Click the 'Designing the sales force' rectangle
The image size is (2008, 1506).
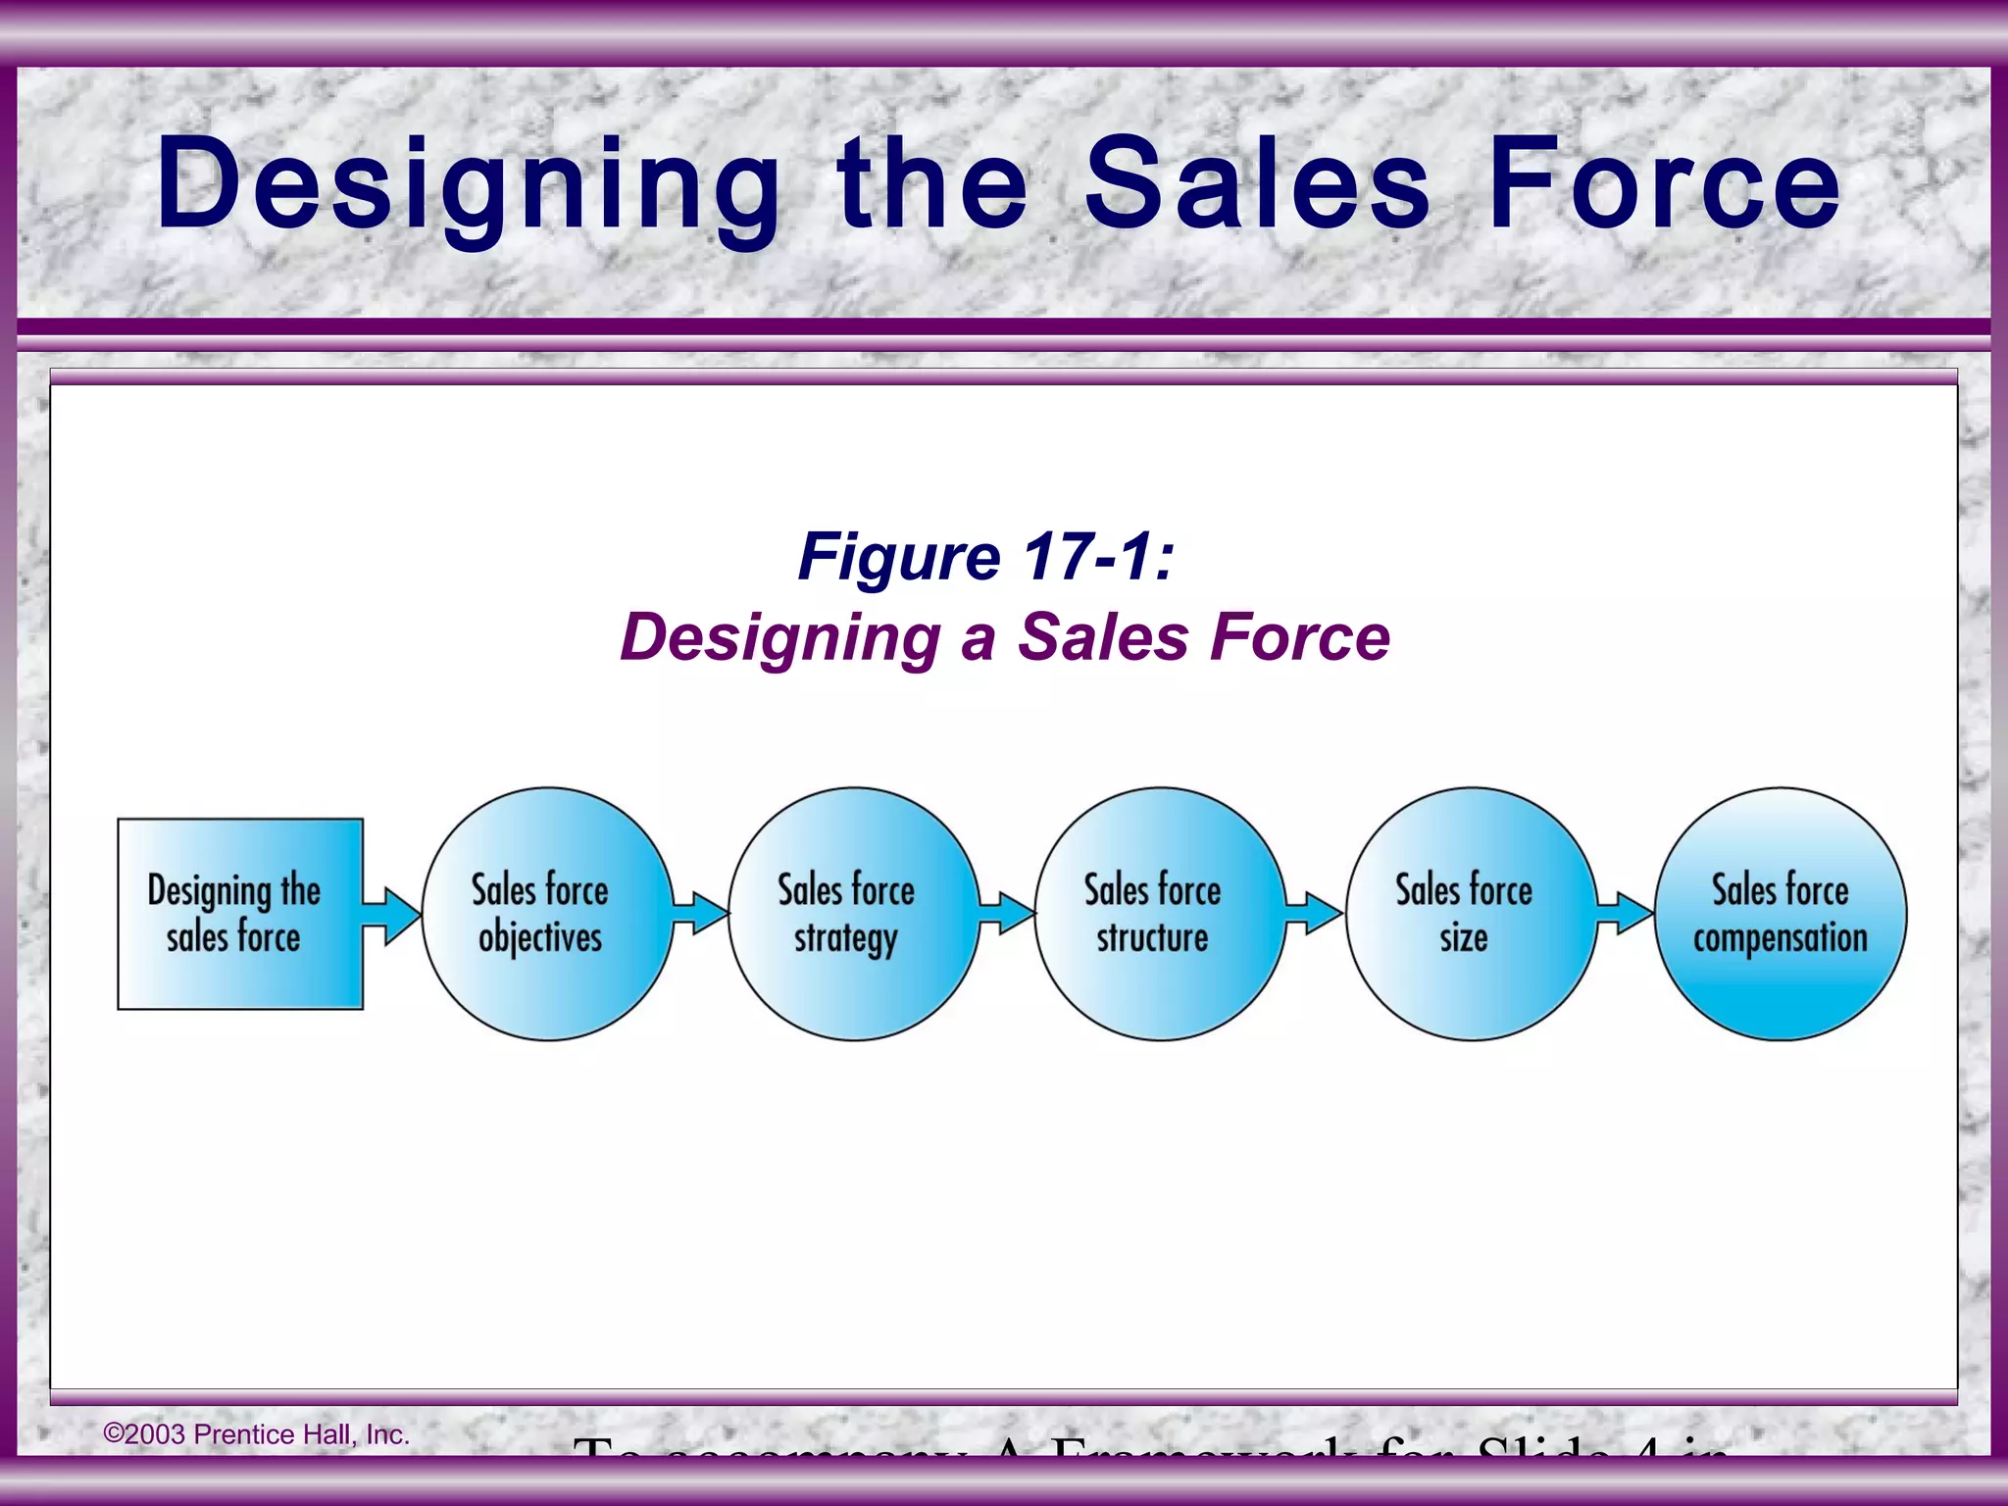(x=240, y=914)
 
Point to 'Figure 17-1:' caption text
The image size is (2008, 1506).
(x=985, y=557)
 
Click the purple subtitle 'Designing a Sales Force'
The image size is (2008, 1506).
(x=1005, y=637)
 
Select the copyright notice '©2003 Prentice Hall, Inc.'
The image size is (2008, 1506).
(x=257, y=1434)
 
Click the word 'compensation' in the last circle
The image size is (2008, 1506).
(x=1780, y=938)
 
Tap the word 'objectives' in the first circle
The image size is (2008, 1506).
(x=540, y=938)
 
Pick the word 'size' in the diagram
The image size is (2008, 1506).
(x=1464, y=938)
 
